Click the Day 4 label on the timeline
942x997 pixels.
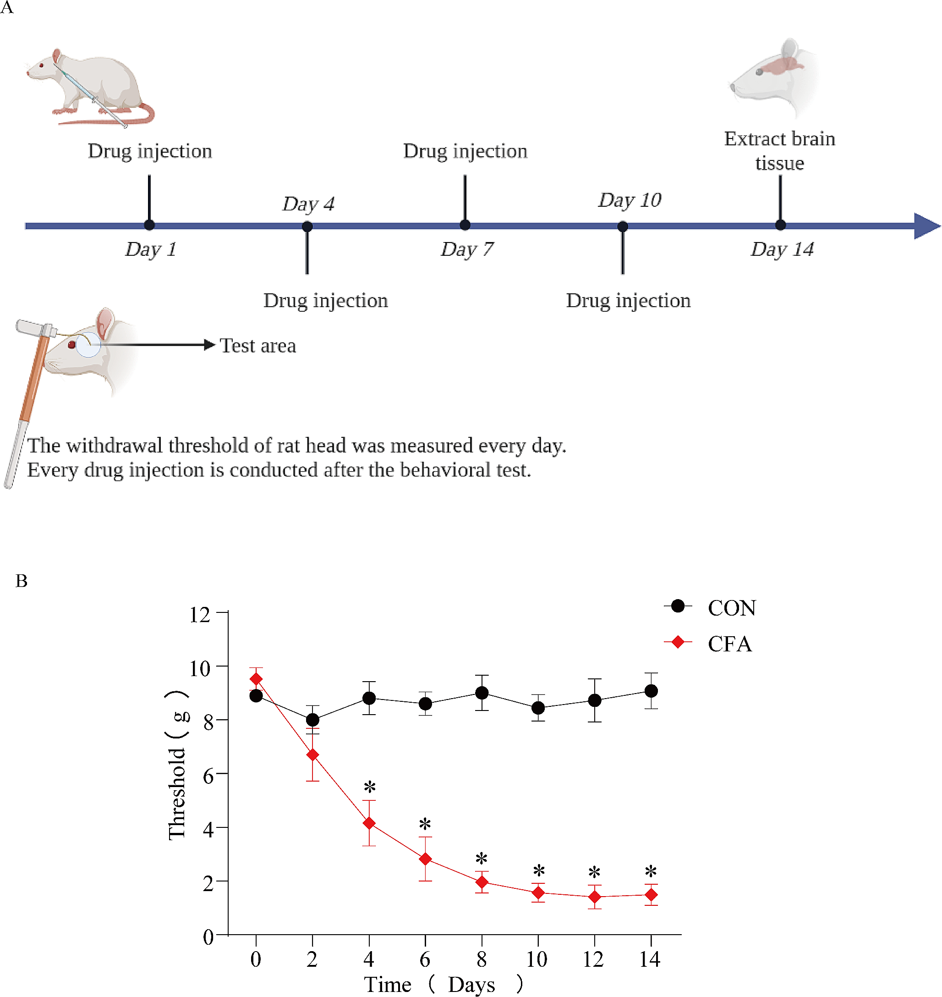point(308,204)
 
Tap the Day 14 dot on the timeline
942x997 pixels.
point(780,225)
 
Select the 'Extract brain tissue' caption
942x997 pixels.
point(779,151)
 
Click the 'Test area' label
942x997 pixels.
point(257,346)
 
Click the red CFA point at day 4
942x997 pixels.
point(369,823)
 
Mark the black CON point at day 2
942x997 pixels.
point(312,720)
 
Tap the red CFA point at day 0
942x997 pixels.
point(256,679)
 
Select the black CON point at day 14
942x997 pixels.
point(651,691)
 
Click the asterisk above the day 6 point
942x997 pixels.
point(425,824)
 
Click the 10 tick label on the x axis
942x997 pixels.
point(537,959)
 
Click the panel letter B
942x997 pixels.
point(22,581)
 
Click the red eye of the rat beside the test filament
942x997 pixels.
point(72,345)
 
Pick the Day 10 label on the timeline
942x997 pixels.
point(630,200)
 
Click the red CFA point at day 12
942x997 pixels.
point(595,897)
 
